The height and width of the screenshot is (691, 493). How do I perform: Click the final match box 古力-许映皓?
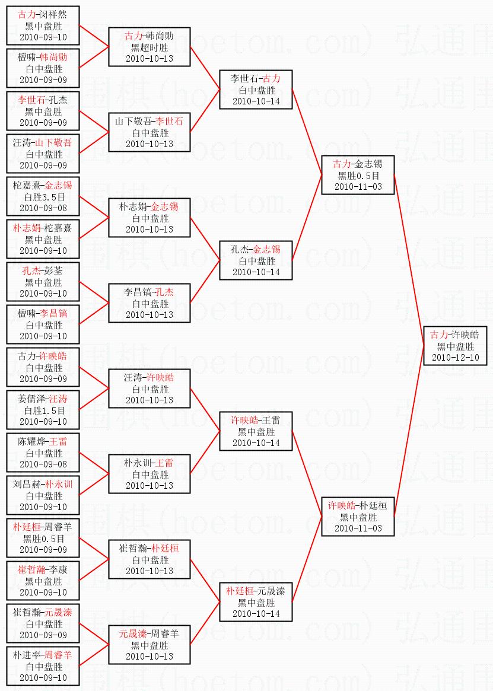[456, 346]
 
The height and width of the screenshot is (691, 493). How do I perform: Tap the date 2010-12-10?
[456, 358]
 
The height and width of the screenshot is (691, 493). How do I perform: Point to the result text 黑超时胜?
[150, 47]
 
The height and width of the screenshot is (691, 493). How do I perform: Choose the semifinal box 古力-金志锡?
[358, 175]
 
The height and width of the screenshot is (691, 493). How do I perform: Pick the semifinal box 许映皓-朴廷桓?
[358, 517]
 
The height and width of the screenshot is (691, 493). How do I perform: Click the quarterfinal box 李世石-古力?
[256, 90]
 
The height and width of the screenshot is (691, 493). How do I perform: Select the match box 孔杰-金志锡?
[256, 260]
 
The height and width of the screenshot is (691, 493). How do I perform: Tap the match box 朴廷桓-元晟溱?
[256, 602]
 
